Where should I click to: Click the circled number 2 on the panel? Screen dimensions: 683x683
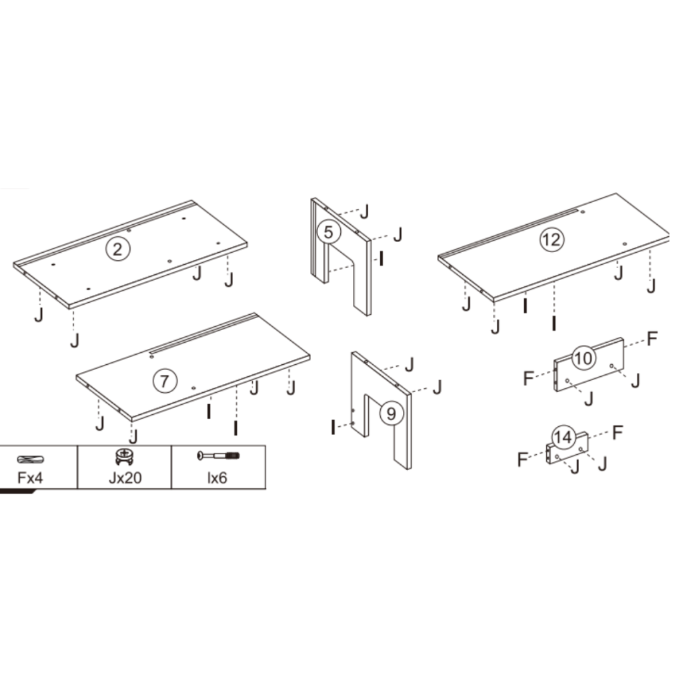[x=117, y=249]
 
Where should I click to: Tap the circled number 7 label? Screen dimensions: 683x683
[x=164, y=381]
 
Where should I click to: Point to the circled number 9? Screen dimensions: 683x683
[x=391, y=414]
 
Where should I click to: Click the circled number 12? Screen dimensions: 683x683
[x=552, y=239]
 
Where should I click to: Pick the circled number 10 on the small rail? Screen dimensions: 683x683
[x=583, y=358]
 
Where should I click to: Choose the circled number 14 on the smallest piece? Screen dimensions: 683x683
[x=564, y=438]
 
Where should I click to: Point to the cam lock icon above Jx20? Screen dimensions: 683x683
[x=123, y=456]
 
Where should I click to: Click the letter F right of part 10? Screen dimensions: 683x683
[x=652, y=338]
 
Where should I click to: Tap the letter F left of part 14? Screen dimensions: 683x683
[x=523, y=459]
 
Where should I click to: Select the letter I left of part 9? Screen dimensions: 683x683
[x=333, y=427]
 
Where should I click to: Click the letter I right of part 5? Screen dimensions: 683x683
[x=381, y=258]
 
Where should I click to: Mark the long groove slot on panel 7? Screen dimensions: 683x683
[x=200, y=337]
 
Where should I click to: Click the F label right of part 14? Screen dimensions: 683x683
[x=618, y=432]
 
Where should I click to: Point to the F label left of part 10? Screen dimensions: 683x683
[x=528, y=378]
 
